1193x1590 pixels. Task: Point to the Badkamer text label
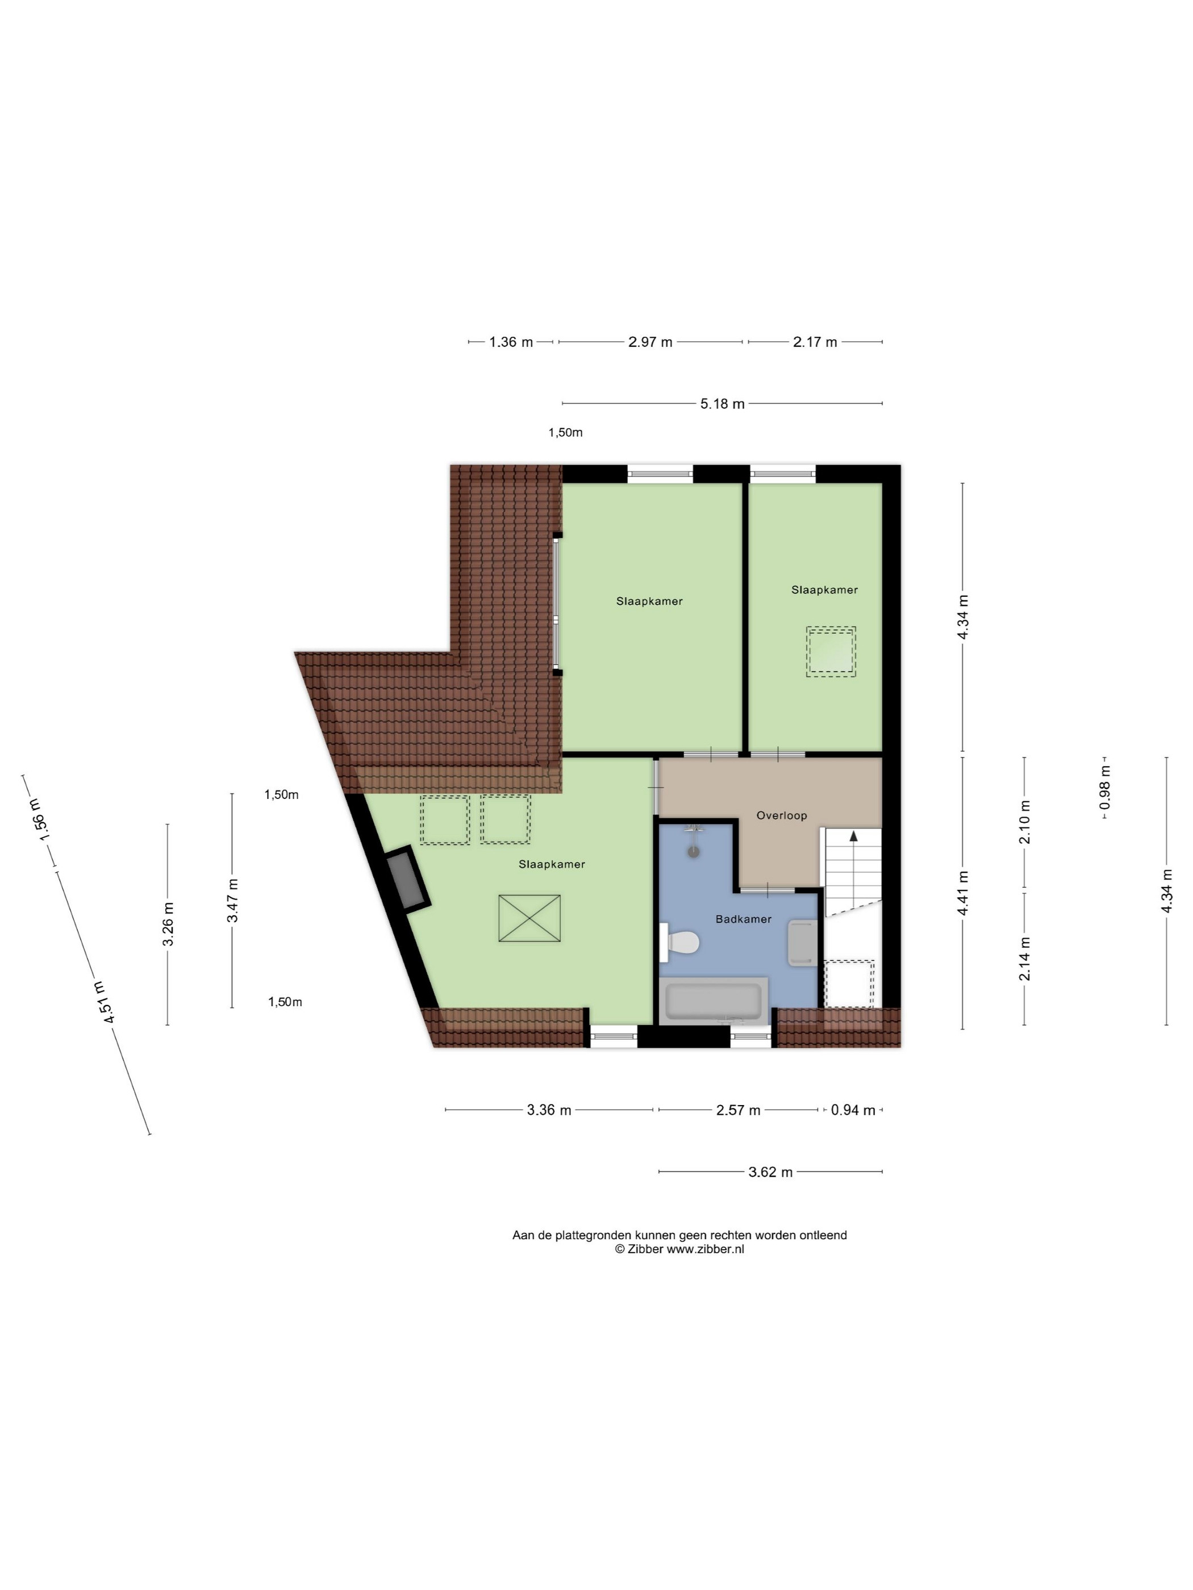click(744, 919)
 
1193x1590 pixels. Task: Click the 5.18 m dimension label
click(722, 404)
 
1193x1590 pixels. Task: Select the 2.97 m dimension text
click(650, 342)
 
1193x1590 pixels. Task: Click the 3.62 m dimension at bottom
click(770, 1173)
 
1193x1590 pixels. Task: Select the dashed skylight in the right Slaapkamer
click(831, 652)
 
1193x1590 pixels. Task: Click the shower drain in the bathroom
click(693, 852)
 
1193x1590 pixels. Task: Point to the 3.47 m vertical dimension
click(233, 900)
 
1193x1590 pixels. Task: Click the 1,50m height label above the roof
click(565, 433)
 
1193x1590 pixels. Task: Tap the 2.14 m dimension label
click(1024, 958)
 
